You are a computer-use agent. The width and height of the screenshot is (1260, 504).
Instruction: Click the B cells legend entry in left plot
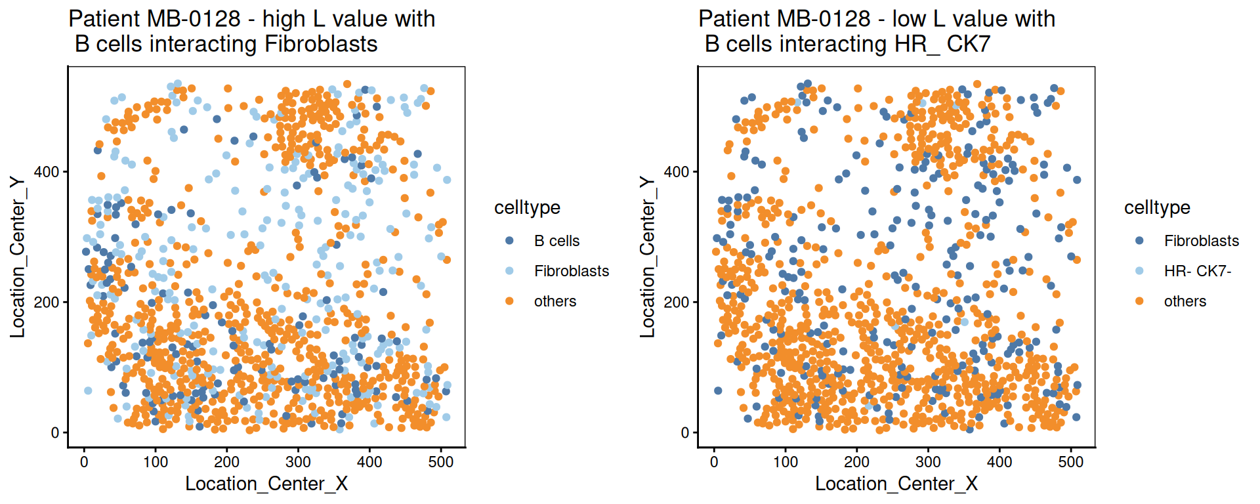click(556, 241)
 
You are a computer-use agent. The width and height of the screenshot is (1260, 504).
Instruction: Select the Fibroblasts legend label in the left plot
click(571, 271)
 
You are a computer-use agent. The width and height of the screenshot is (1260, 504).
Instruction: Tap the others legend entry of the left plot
click(555, 301)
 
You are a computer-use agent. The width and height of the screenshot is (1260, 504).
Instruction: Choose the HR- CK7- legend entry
click(1197, 271)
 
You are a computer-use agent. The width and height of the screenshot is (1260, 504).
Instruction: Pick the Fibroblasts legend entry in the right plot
click(1201, 241)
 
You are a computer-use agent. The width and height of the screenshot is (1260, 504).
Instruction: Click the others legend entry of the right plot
click(1185, 301)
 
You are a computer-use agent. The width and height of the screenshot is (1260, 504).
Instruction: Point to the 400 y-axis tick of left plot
click(47, 172)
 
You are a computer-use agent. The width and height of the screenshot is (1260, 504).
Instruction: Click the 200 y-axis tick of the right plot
click(677, 303)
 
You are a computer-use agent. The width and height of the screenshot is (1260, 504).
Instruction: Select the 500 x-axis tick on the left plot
click(440, 462)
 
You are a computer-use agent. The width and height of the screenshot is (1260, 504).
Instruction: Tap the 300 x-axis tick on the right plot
click(928, 462)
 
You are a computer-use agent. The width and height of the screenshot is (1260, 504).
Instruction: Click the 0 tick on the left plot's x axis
click(84, 462)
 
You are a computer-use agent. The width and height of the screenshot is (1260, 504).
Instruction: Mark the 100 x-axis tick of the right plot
click(786, 462)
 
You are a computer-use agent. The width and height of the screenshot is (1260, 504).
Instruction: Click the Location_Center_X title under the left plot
click(266, 484)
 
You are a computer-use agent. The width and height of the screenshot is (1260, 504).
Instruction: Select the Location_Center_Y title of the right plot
click(648, 257)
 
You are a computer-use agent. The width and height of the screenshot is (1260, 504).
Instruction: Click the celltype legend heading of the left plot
click(527, 207)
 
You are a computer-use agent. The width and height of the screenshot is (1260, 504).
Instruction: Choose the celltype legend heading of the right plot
click(1157, 207)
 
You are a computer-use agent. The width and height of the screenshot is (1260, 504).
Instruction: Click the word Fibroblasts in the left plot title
click(321, 44)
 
